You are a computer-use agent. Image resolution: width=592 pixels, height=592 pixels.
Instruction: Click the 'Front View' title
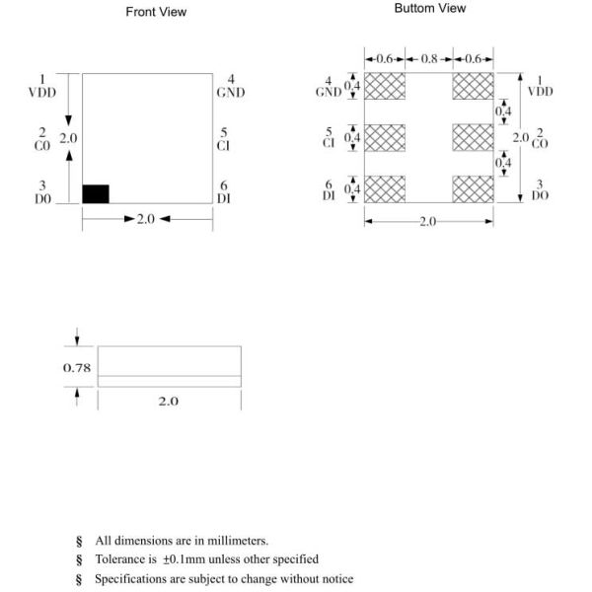click(156, 12)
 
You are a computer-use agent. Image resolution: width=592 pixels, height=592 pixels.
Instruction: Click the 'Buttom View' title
click(429, 8)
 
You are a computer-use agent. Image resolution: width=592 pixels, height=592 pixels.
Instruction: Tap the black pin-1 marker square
click(95, 193)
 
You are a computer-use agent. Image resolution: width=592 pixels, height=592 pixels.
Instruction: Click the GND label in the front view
click(230, 92)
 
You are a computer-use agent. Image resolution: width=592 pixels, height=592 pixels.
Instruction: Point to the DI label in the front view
click(224, 197)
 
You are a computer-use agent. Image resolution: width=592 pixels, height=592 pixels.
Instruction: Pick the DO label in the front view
click(42, 197)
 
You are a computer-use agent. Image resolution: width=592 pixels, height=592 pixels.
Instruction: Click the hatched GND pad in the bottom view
click(385, 86)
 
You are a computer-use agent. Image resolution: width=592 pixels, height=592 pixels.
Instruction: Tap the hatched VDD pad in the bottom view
click(473, 86)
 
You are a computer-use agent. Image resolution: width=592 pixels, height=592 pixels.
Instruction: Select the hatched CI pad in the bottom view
click(385, 137)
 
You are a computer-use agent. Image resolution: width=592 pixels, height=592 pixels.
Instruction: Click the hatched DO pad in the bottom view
click(473, 188)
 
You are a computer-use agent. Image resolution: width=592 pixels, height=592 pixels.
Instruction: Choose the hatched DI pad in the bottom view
click(385, 188)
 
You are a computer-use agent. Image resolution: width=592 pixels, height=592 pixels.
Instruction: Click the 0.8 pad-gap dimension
click(428, 59)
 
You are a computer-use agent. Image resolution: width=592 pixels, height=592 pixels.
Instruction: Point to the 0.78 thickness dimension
click(77, 367)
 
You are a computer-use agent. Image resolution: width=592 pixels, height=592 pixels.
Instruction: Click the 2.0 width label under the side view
click(169, 402)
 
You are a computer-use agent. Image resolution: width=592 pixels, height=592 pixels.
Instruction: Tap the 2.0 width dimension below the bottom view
click(427, 223)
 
